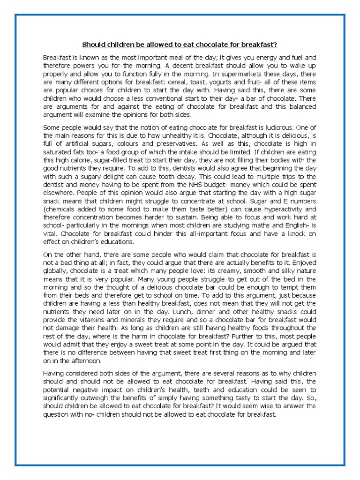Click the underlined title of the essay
click(180, 45)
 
